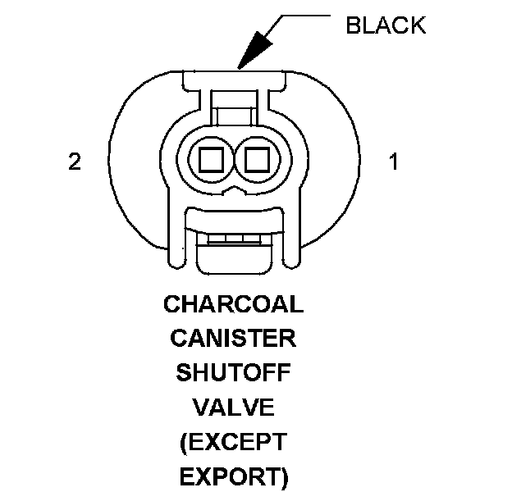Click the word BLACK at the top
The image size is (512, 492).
pyautogui.click(x=386, y=25)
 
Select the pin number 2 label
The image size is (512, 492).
pyautogui.click(x=75, y=162)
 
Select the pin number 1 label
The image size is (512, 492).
pyautogui.click(x=394, y=162)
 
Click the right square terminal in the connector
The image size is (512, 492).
pyautogui.click(x=258, y=157)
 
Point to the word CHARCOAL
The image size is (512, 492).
pyautogui.click(x=234, y=304)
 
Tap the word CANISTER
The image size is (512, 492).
pyautogui.click(x=234, y=339)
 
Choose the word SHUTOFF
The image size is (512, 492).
pyautogui.click(x=234, y=373)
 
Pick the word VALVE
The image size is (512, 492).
pyautogui.click(x=234, y=408)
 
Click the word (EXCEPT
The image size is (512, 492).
pyautogui.click(x=234, y=442)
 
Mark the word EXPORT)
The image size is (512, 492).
pyautogui.click(x=234, y=476)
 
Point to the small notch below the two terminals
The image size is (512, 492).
pyautogui.click(x=233, y=189)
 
